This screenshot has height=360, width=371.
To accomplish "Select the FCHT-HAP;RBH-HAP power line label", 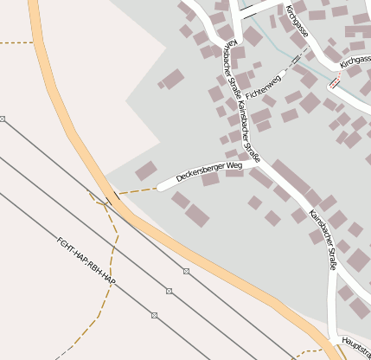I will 86,263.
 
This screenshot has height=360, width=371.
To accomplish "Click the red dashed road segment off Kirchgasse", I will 334,84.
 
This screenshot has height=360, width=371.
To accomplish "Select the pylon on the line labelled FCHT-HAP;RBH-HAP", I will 154,315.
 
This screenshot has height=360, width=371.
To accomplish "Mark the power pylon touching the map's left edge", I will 3,119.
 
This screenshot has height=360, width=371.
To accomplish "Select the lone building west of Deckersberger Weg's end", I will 146,170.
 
